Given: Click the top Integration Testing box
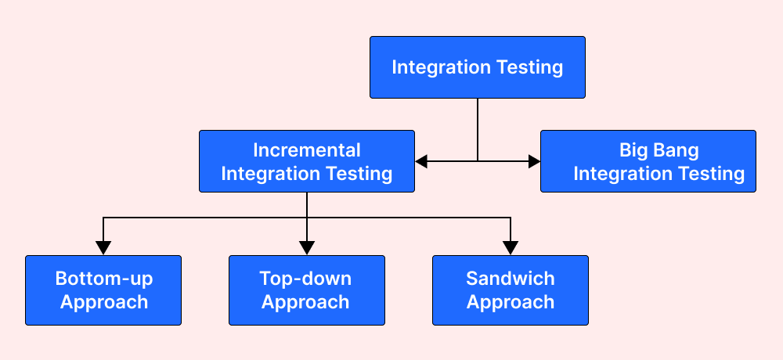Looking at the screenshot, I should point(477,67).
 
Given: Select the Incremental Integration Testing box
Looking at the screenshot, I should point(306,161).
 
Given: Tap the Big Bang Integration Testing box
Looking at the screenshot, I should point(648,161).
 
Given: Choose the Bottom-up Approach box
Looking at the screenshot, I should point(103,290).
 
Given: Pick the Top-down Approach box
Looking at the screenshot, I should point(306,290).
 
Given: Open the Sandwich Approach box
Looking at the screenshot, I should point(510,290).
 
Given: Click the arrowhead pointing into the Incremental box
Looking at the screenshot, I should point(421,161).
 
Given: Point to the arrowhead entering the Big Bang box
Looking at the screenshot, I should point(534,161).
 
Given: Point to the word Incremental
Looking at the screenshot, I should point(306,149).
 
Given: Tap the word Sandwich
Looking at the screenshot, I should point(510,279).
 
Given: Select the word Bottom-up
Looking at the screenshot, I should point(103,279).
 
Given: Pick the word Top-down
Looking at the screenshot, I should point(306,279).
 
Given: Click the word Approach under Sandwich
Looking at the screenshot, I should point(510,302).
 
